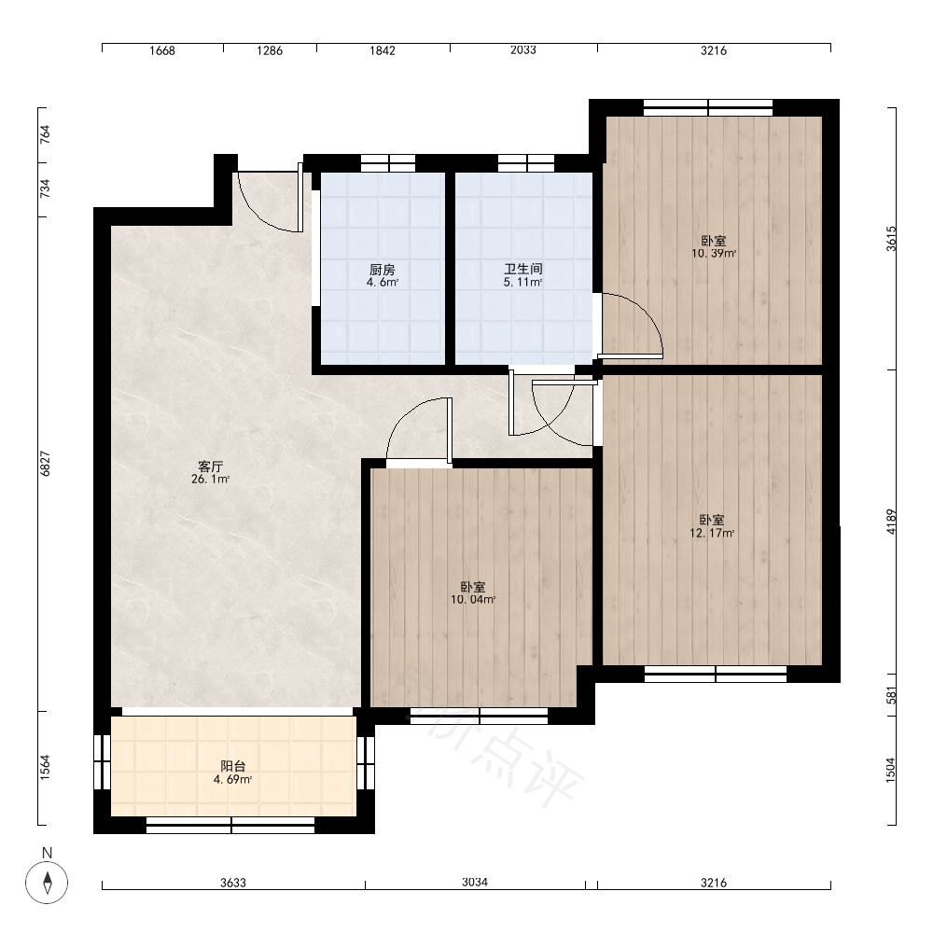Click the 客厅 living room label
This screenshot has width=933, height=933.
point(210,466)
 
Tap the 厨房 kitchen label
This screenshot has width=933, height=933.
point(382,270)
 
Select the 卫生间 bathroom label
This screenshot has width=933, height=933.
point(523,269)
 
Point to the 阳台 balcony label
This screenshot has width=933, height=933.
point(232,766)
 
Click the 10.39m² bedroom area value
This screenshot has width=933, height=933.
point(714,254)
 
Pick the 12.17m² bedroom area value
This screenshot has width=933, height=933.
point(712,533)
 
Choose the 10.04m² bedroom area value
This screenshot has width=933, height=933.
point(473,600)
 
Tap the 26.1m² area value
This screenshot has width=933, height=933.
point(210,479)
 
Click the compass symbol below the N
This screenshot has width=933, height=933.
point(47,882)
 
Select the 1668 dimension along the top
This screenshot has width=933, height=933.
point(161,50)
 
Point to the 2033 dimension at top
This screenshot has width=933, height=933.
point(523,50)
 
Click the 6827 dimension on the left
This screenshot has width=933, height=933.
point(45,464)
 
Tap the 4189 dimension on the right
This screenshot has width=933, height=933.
point(890,522)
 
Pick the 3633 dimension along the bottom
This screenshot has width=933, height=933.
point(233,883)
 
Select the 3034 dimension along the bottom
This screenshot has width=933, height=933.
point(475,882)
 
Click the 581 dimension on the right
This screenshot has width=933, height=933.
point(891,695)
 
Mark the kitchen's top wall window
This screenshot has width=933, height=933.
point(388,163)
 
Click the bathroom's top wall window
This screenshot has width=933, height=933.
point(526,163)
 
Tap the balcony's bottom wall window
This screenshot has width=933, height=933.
point(230,826)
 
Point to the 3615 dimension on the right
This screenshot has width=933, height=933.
point(891,239)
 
